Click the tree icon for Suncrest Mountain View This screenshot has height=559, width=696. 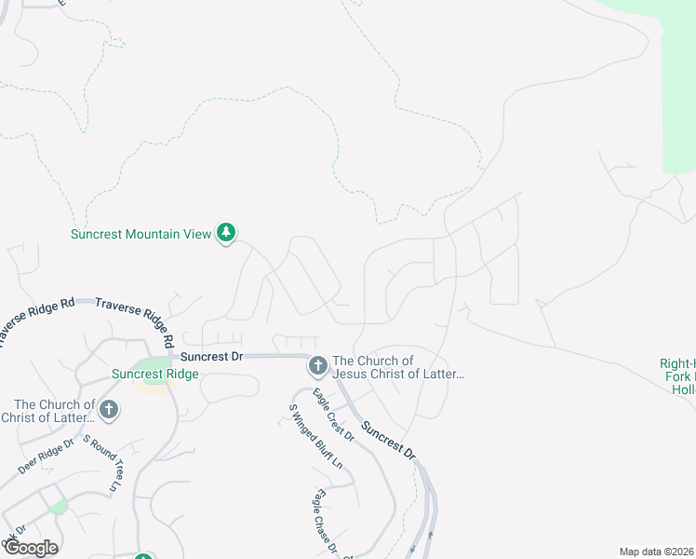pyautogui.click(x=226, y=233)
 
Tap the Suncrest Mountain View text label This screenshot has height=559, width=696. pyautogui.click(x=141, y=234)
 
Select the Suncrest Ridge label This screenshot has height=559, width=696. pyautogui.click(x=154, y=375)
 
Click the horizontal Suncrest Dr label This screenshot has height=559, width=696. pyautogui.click(x=211, y=356)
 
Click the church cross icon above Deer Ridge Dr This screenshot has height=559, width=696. pyautogui.click(x=109, y=410)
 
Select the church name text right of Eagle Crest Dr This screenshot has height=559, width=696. pyautogui.click(x=398, y=367)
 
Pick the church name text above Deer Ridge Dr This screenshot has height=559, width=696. pyautogui.click(x=54, y=411)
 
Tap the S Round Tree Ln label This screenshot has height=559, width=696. pyautogui.click(x=101, y=463)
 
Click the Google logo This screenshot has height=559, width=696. pyautogui.click(x=31, y=548)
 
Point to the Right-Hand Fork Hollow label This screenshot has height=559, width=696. pyautogui.click(x=678, y=376)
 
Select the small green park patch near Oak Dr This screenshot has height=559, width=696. pyautogui.click(x=59, y=506)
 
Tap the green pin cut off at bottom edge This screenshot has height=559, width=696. pyautogui.click(x=142, y=555)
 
